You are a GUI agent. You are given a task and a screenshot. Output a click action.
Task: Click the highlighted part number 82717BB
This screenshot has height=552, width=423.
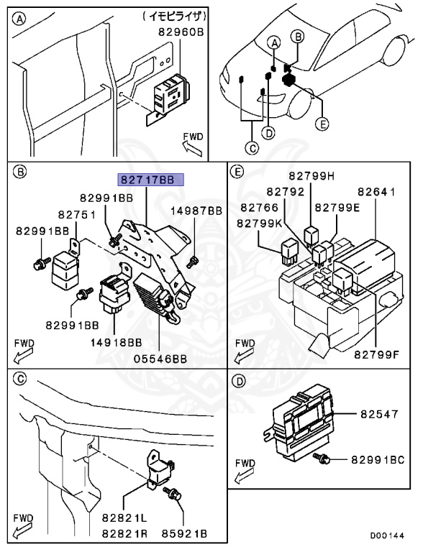[150, 180]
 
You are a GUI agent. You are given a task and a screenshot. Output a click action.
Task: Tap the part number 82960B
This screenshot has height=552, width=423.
[181, 32]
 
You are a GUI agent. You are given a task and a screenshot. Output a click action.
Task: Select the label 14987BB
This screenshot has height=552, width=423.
[196, 211]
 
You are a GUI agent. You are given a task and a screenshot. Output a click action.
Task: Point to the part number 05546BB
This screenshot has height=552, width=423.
[160, 359]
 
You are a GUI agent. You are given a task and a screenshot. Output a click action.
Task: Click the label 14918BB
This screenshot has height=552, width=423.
[117, 342]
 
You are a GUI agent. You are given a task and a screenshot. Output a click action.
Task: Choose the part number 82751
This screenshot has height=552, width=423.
[77, 214]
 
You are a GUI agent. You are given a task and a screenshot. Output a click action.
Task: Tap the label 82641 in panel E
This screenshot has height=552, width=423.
[376, 191]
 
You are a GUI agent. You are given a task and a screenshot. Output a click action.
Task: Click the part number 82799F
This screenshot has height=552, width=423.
[376, 354]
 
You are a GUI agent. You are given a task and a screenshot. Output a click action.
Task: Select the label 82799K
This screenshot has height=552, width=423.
[260, 224]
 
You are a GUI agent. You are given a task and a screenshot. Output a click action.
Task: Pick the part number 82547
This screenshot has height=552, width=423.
[379, 414]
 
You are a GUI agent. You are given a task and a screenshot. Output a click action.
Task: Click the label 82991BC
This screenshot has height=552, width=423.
[378, 460]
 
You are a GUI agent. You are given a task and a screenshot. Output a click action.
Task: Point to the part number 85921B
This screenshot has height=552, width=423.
[184, 534]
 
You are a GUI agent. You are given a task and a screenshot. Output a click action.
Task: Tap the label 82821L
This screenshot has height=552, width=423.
[124, 517]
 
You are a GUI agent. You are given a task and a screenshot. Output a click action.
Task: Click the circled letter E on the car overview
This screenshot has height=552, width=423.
[322, 124]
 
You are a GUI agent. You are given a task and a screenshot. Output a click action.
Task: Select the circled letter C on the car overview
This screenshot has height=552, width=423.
[252, 148]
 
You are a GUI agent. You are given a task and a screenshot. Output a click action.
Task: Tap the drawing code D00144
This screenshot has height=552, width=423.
[387, 535]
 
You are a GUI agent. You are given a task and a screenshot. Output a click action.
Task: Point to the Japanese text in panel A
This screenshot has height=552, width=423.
[175, 17]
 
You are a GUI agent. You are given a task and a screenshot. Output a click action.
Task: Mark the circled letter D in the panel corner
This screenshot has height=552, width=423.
[239, 381]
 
